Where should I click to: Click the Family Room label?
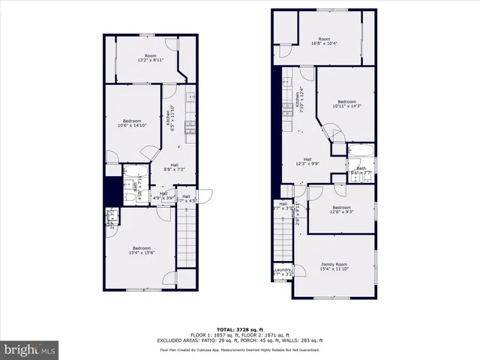point(334,266)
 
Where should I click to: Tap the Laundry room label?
point(283,272)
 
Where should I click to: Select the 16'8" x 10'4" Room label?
point(324,41)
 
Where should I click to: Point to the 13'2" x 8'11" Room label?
point(151,58)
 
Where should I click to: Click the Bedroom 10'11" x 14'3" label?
point(346,103)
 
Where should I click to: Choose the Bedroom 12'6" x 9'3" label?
point(341,210)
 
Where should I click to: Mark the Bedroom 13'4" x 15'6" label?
point(142,250)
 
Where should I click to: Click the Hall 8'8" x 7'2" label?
point(174,167)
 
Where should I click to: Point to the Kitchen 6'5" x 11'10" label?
point(171,118)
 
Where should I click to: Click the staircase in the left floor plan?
point(185,240)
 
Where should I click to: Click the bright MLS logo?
point(30,349)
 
